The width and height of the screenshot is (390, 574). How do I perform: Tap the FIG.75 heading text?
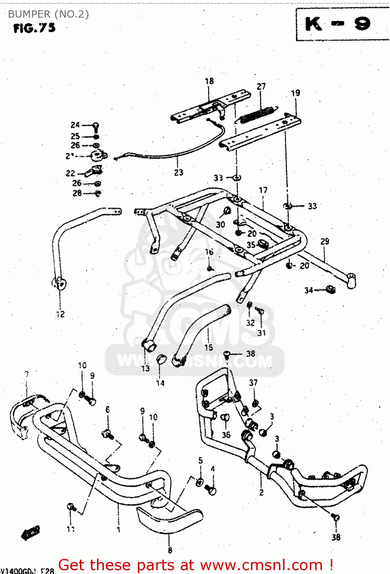pyautogui.click(x=34, y=28)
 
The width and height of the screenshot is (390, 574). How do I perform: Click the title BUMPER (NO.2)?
pyautogui.click(x=48, y=14)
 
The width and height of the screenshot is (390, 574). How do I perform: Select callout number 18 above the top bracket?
pyautogui.click(x=209, y=81)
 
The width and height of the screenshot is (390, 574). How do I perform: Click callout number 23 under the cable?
pyautogui.click(x=179, y=173)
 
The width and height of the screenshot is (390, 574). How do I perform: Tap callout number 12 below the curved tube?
pyautogui.click(x=60, y=314)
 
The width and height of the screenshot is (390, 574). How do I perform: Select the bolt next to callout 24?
pyautogui.click(x=96, y=126)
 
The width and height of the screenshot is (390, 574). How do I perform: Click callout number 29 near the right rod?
pyautogui.click(x=325, y=241)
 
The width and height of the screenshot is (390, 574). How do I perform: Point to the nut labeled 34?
pyautogui.click(x=330, y=289)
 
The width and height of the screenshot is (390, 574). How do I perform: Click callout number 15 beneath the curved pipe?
pyautogui.click(x=209, y=347)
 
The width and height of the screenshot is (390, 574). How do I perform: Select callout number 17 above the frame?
pyautogui.click(x=263, y=190)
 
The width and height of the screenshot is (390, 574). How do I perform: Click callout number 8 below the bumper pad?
pyautogui.click(x=170, y=550)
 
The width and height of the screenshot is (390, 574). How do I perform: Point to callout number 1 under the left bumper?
pyautogui.click(x=118, y=530)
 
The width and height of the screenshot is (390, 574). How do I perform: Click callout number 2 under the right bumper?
pyautogui.click(x=261, y=492)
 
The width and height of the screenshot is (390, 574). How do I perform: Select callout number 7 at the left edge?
pyautogui.click(x=27, y=374)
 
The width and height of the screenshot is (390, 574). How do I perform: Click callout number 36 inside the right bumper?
pyautogui.click(x=226, y=435)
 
